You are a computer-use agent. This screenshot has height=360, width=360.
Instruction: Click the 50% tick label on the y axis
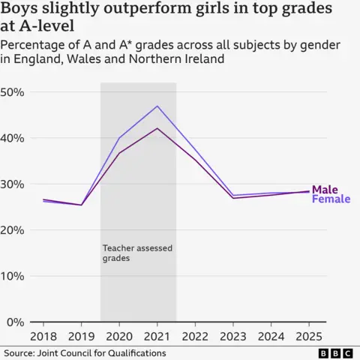(16, 92)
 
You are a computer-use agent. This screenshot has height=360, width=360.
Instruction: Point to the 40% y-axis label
(16, 138)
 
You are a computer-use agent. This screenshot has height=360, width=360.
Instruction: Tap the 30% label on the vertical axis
(16, 184)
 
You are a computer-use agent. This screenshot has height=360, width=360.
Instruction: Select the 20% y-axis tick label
(16, 230)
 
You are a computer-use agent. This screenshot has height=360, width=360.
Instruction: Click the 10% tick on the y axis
(16, 276)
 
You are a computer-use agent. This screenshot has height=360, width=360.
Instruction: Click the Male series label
(325, 189)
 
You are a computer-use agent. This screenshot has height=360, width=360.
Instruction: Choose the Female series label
(330, 199)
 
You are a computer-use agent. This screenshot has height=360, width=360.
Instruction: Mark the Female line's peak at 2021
(157, 106)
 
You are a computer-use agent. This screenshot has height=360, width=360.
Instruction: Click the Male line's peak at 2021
(157, 128)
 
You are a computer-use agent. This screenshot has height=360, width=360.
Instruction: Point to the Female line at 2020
(120, 138)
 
